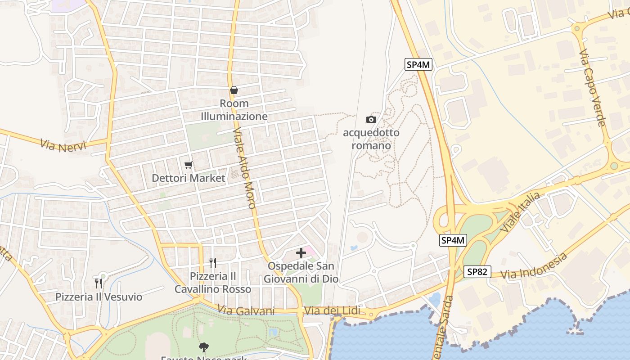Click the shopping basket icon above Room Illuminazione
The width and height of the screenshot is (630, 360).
tap(234, 90)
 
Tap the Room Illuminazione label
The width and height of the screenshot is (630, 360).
tap(234, 110)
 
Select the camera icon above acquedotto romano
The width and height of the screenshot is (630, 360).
tap(371, 119)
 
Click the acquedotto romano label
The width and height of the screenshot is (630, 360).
tap(371, 139)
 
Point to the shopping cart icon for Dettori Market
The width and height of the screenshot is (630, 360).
tap(189, 165)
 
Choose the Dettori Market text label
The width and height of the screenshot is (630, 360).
tap(189, 178)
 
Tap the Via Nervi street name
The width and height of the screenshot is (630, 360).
tap(63, 145)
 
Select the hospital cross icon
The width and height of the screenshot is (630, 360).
tap(301, 253)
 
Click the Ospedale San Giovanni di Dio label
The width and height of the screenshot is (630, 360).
tap(301, 273)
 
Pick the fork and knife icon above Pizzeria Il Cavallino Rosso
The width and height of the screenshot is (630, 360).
tap(213, 262)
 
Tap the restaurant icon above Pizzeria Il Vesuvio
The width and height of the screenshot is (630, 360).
tap(99, 283)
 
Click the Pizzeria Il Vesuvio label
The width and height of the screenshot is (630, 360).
tap(99, 297)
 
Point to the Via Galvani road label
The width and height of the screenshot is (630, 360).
tap(246, 310)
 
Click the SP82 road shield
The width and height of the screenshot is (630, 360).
tap(477, 272)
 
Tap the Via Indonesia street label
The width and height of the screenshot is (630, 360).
tap(534, 266)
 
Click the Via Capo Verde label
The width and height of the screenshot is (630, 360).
tap(592, 89)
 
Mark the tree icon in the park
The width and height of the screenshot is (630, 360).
tap(204, 347)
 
